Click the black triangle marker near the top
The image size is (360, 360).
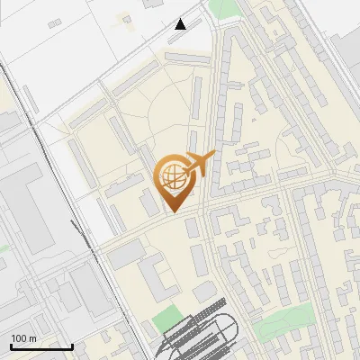[181, 24]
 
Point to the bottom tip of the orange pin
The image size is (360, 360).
[172, 211]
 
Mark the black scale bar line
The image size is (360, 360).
[41, 346]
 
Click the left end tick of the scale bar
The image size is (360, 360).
[11, 345]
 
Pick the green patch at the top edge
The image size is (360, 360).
[222, 9]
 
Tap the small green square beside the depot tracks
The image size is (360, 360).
[166, 319]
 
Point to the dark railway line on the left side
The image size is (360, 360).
[54, 180]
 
